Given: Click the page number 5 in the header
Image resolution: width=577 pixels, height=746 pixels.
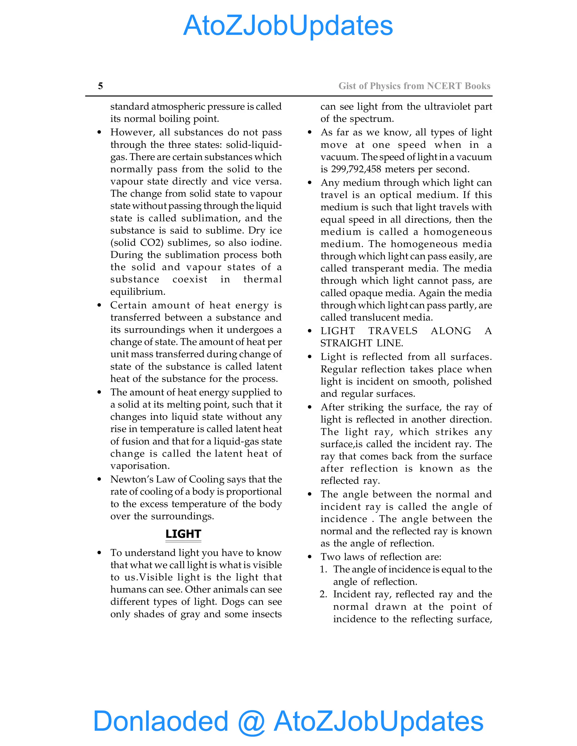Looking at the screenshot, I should [100, 86].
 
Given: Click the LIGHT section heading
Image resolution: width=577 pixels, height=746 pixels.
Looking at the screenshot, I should [183, 533].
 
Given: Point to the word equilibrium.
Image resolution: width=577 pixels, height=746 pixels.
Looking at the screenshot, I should [137, 292].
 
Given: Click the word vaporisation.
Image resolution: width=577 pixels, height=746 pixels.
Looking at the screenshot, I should [140, 466].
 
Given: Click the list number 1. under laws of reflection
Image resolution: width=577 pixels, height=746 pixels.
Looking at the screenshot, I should [323, 569].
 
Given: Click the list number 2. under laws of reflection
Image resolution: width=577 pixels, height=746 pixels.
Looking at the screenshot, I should [323, 594].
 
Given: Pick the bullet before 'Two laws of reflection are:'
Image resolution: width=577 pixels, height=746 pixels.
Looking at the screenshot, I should [310, 557].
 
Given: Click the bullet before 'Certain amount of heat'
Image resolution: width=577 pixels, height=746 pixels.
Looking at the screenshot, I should [99, 305].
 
